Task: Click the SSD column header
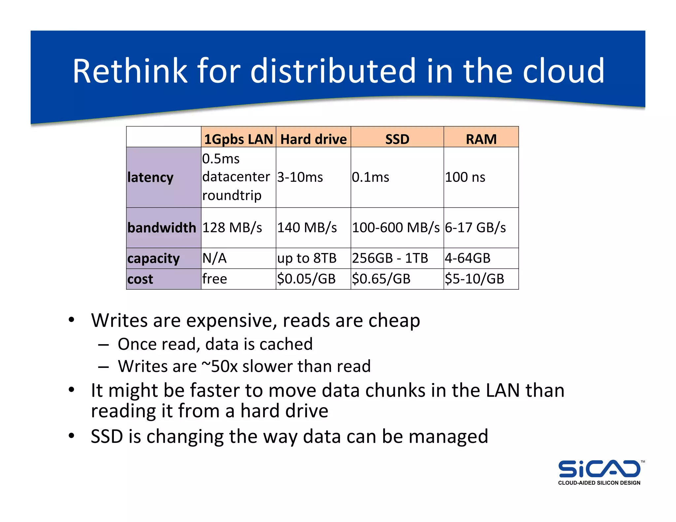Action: coord(397,139)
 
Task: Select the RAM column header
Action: coord(481,139)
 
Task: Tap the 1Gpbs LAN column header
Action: coord(239,139)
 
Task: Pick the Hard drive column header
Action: coord(314,139)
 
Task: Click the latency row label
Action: coord(151,178)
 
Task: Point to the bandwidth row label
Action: coord(162,228)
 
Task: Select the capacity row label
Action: coord(153,258)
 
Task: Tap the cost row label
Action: coord(140,279)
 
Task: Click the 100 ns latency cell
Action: coord(465,177)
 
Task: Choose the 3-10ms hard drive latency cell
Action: coord(300,177)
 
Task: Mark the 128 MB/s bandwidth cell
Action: coord(232,228)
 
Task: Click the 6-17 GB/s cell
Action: coord(475,228)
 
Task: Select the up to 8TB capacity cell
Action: coord(307,258)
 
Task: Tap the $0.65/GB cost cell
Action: coord(381,279)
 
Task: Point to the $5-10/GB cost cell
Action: coord(475,279)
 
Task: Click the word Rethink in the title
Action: coord(130,71)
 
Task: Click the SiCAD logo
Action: coord(599,472)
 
